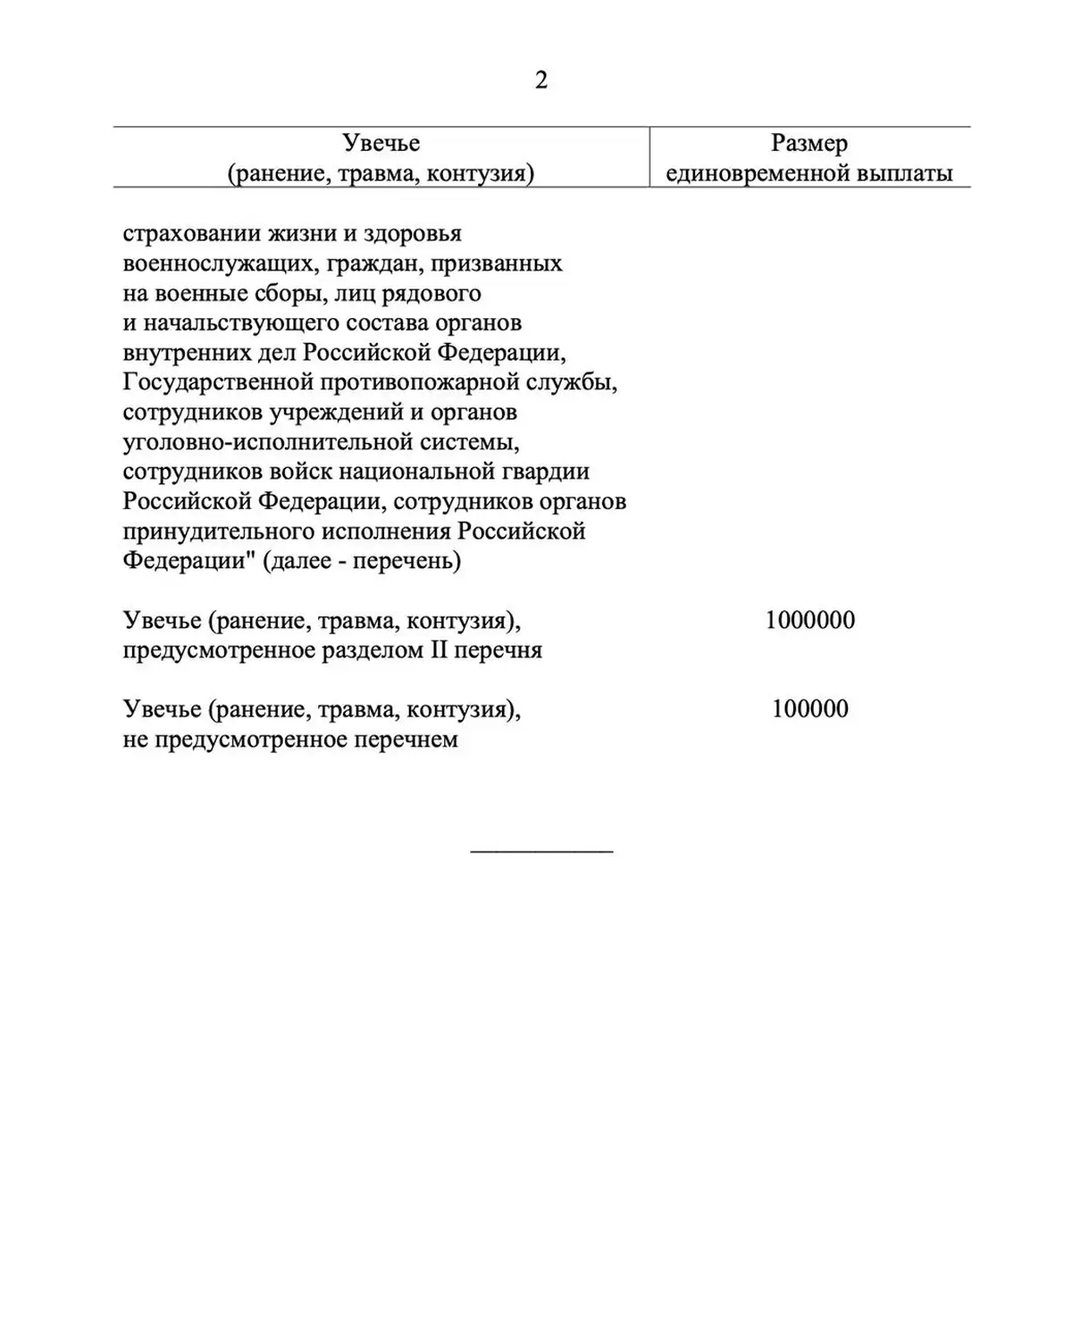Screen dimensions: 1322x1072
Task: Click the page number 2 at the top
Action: [540, 80]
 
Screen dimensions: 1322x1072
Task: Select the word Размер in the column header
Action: [809, 143]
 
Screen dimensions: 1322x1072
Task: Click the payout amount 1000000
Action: [809, 620]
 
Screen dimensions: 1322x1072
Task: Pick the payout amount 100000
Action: [809, 709]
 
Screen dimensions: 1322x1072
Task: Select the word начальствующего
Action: [237, 322]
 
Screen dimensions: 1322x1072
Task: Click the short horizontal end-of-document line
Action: [541, 851]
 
